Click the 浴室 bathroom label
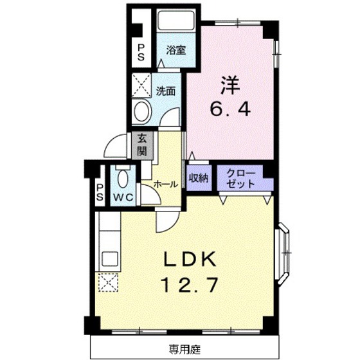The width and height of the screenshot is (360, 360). point(176,50)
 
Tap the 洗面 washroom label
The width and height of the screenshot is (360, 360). point(166,91)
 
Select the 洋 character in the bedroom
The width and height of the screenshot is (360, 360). point(231,85)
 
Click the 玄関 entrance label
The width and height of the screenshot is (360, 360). point(140,145)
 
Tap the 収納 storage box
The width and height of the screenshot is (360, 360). point(199,177)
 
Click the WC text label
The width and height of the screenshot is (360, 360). point(123,197)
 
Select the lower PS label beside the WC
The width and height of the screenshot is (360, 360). point(100,192)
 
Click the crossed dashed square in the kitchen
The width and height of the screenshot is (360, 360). point(107,282)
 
